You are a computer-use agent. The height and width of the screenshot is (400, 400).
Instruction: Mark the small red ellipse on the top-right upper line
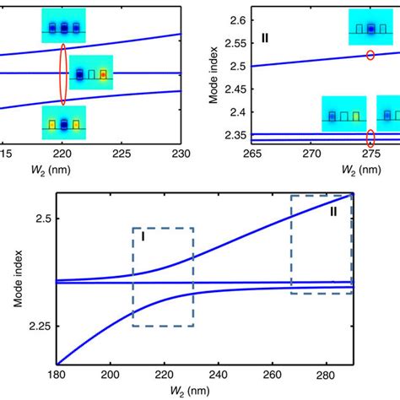370,56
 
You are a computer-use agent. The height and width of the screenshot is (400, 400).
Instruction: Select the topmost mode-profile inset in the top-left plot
63,26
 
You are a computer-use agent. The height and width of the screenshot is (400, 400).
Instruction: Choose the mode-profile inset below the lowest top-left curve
63,123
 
